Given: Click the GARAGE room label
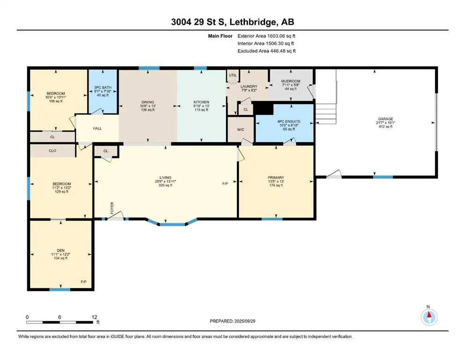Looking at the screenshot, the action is tap(385, 119).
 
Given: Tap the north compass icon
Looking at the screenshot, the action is tap(429, 317).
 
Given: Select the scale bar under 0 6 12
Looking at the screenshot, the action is tap(59, 322).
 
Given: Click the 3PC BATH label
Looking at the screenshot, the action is tap(103, 88).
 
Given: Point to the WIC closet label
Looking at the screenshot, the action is tap(241, 129).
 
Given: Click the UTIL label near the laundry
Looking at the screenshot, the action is tap(233, 75).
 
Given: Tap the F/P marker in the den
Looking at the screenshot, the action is tap(84, 282).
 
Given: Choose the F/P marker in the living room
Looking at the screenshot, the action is tap(225, 184).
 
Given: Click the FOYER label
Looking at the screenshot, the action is tap(112, 208).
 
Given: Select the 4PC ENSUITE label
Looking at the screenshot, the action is tap(289, 121).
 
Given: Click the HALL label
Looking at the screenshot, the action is tap(97, 128).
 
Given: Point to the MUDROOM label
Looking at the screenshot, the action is tap(291, 81).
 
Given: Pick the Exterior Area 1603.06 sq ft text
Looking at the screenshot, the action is tap(266, 36).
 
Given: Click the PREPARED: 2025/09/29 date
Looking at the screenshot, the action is tap(232, 321).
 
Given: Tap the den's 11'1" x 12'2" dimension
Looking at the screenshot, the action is tap(61, 255).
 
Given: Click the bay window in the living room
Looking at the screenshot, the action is tap(172, 222).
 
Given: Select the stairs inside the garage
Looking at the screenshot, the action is tap(326, 113).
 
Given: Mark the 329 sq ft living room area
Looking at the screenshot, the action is tap(165, 185).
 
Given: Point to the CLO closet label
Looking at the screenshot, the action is tap(52, 151).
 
